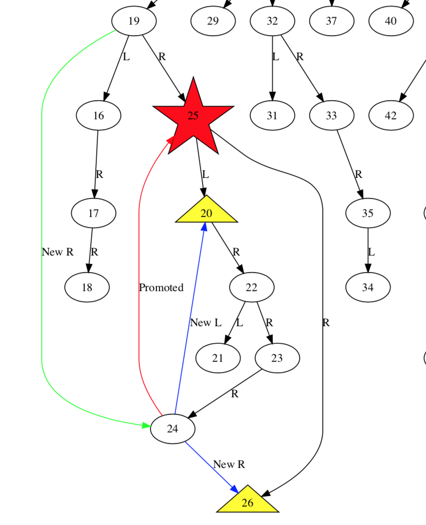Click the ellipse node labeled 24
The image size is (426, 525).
[172, 429]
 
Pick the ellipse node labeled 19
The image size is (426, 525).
[134, 21]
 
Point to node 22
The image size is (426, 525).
[252, 288]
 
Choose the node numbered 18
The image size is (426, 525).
[87, 288]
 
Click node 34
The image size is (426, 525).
[368, 288]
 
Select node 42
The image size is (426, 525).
[391, 116]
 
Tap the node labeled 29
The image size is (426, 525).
[213, 21]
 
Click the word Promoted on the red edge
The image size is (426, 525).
[161, 288]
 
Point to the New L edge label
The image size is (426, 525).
[205, 323]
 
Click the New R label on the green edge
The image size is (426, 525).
[58, 252]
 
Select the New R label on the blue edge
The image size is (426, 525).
[229, 464]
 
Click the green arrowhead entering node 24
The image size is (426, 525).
[146, 426]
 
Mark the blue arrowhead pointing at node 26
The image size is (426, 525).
[234, 489]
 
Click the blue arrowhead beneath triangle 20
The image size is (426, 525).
[204, 227]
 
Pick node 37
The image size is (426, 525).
[332, 21]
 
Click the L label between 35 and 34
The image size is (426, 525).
[371, 252]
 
